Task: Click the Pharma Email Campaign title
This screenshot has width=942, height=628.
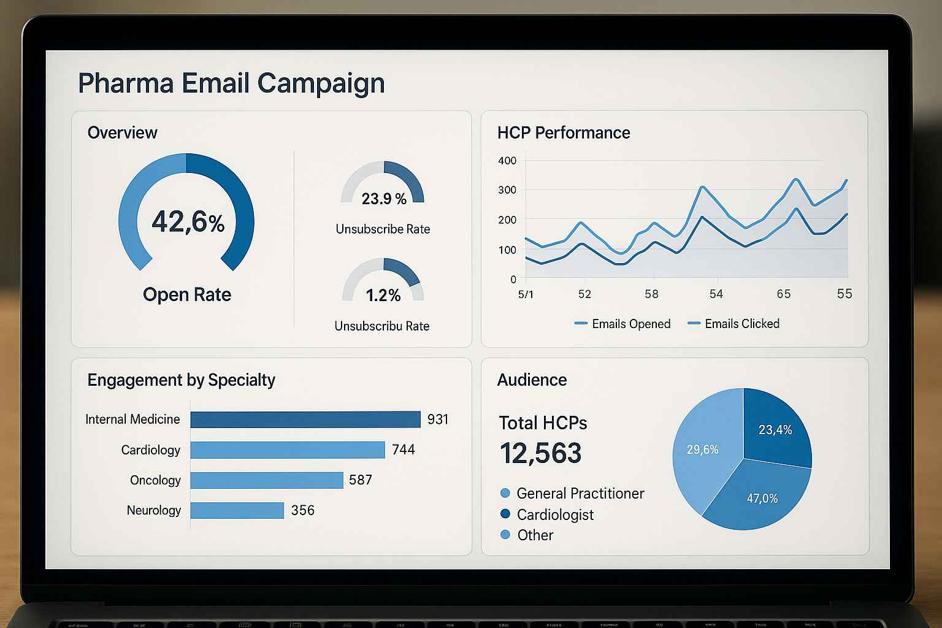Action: point(231,83)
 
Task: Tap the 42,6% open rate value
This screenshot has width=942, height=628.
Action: point(188,221)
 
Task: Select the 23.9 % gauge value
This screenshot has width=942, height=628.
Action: point(384,199)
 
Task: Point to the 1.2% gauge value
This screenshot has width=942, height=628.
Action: point(383,296)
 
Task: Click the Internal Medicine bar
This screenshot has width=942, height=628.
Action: point(305,419)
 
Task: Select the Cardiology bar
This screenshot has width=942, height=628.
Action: point(287,450)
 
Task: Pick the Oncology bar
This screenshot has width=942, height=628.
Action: point(267,480)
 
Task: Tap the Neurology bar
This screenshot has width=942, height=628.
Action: point(237,510)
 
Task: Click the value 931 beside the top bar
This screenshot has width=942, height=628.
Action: point(438,419)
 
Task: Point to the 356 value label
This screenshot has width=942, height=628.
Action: point(303,510)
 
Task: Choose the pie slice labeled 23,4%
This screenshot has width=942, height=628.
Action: point(776,429)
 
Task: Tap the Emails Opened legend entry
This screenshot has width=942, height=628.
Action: point(622,324)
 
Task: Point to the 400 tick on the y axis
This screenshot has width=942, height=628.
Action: point(508,161)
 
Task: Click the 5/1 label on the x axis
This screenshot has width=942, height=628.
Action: point(526,294)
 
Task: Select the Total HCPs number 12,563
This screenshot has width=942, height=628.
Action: point(540,453)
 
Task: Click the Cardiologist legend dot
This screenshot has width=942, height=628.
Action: point(505,514)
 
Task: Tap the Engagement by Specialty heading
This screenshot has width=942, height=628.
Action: point(182,380)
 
